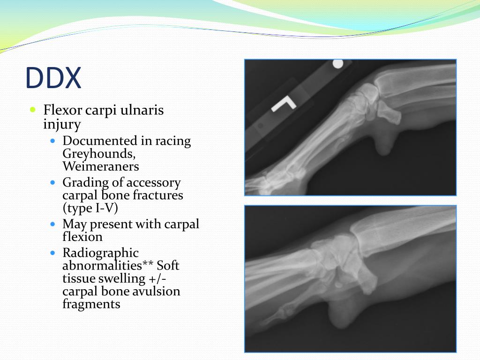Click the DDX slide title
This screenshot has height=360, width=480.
coord(53,78)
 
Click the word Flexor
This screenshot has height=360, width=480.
coord(62,111)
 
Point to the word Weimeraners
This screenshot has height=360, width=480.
coord(100,166)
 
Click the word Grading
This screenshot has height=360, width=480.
coord(81,183)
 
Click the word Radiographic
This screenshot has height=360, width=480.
coord(100,254)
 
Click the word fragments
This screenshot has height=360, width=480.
coord(91,304)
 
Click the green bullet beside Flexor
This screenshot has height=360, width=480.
coord(32,110)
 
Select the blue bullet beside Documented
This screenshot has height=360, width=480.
coord(53,141)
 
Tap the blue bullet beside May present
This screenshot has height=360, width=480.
coord(53,224)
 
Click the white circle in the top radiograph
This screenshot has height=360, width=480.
coord(337,63)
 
